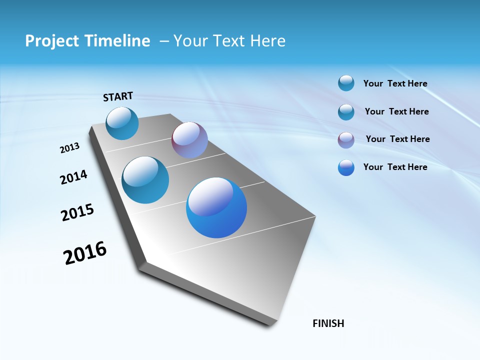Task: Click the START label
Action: coord(118,96)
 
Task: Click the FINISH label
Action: coord(328,323)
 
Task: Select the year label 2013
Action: coord(69,148)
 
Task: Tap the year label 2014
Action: coord(73,177)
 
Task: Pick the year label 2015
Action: coord(77,212)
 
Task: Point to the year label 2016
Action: coord(85,253)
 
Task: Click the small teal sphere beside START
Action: coord(122,123)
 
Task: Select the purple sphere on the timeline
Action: coord(189,140)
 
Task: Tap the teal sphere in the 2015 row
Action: coord(145,180)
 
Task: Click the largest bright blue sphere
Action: coord(216,207)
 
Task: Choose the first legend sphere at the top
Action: coord(346,83)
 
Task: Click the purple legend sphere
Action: coord(346,140)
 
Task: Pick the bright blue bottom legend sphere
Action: coord(346,167)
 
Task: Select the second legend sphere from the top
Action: coord(346,112)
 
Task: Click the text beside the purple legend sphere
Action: coord(397,139)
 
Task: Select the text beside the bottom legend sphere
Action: coord(395,167)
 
